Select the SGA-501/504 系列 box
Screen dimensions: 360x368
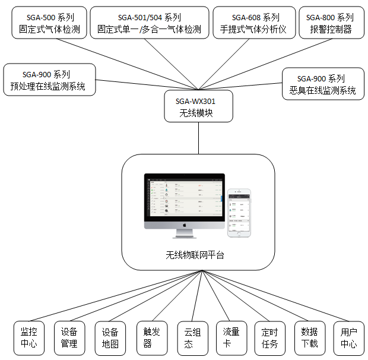click(x=150, y=23)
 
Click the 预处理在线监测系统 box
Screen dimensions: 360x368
click(x=49, y=80)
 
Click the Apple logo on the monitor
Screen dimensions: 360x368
click(x=185, y=226)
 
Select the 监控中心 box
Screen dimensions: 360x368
click(x=28, y=337)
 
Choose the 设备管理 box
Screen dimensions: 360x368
click(x=69, y=337)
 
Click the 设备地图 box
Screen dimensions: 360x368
click(x=109, y=337)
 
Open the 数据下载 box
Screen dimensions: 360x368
click(x=309, y=337)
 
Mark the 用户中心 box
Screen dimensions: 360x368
click(x=348, y=337)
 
